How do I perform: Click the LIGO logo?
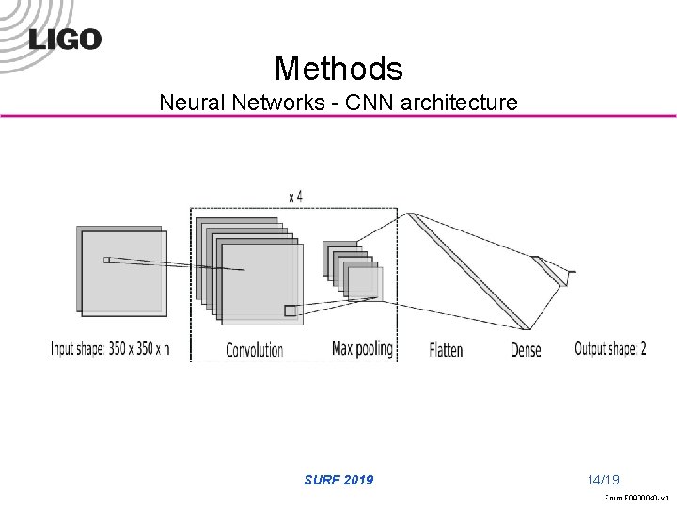64,38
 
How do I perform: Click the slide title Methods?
338,67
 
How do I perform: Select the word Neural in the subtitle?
191,101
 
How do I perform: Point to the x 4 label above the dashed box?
295,196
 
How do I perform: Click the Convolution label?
254,350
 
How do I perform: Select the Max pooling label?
362,349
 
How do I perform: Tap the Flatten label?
446,350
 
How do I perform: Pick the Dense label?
527,350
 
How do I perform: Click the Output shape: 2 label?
610,349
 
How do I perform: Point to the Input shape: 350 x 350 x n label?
110,350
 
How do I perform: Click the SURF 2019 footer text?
338,480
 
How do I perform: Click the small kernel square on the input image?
106,260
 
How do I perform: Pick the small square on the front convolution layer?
291,310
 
